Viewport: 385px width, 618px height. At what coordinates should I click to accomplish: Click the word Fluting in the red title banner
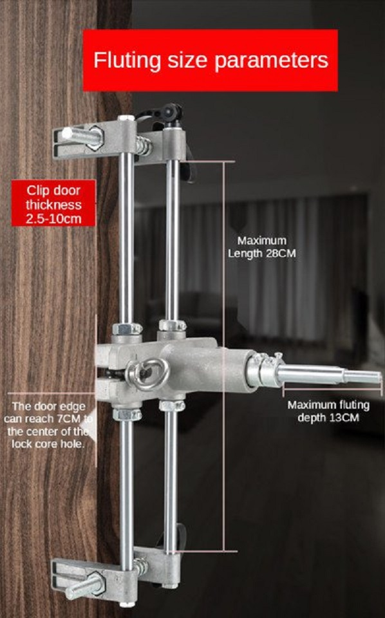pyautogui.click(x=127, y=61)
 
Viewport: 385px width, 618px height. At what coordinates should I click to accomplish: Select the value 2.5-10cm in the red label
pyautogui.click(x=53, y=219)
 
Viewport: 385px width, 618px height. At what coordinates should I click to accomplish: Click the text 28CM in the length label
pyautogui.click(x=281, y=254)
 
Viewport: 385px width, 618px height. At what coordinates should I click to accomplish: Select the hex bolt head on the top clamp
pyautogui.click(x=95, y=138)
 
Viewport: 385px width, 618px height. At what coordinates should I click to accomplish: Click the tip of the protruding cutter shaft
pyautogui.click(x=381, y=379)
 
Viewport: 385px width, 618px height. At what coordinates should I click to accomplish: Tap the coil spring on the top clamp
pyautogui.click(x=144, y=145)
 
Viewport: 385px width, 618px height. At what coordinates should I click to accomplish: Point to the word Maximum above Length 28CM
pyautogui.click(x=262, y=241)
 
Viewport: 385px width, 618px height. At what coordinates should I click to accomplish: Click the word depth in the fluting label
pyautogui.click(x=312, y=418)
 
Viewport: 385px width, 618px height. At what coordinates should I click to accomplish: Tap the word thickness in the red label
pyautogui.click(x=53, y=205)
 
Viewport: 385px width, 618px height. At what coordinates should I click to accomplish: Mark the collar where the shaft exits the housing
pyautogui.click(x=261, y=371)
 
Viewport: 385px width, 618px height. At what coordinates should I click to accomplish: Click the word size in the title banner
pyautogui.click(x=187, y=61)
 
